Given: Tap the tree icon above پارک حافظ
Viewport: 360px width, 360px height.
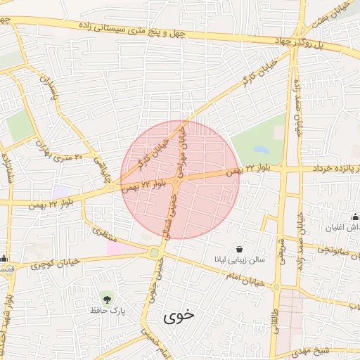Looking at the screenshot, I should point(106,298).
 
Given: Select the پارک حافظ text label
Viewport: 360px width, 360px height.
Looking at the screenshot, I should point(106,310).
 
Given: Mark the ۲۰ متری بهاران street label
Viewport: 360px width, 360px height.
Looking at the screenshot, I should point(60,152).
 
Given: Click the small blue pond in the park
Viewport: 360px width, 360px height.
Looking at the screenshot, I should point(259,150).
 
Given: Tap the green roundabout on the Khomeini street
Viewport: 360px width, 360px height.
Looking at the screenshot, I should point(154,252).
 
